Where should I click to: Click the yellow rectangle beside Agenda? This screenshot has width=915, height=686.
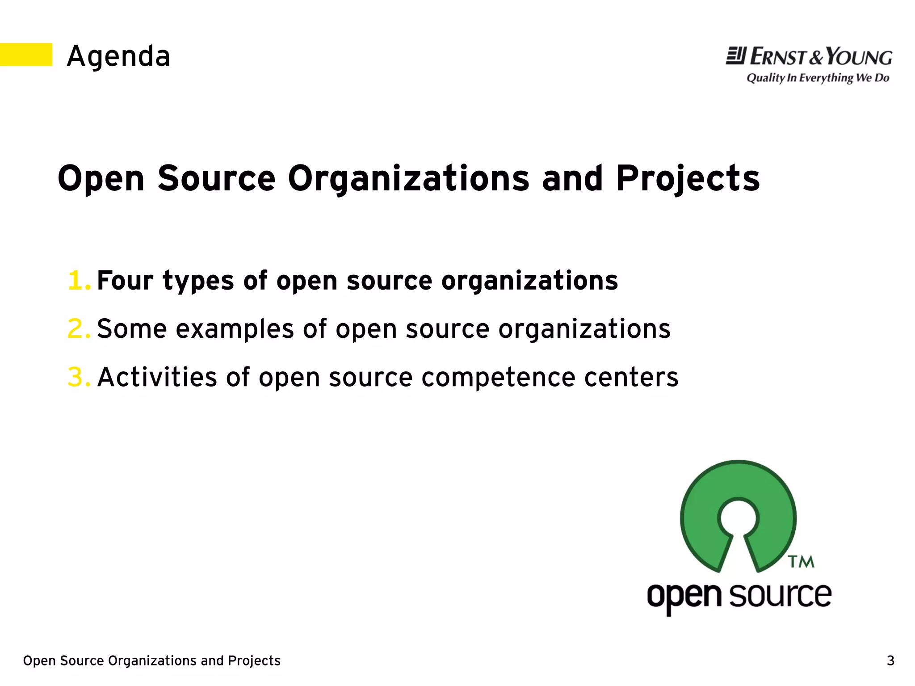[26, 55]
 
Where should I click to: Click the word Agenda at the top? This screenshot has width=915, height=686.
[118, 57]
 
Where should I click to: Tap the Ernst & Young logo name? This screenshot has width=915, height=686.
[820, 57]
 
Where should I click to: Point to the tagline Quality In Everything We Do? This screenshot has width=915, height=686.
[818, 78]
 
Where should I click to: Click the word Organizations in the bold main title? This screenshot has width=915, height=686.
[408, 178]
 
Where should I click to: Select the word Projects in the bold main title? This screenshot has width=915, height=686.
[688, 178]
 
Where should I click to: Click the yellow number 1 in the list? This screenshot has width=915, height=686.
[78, 281]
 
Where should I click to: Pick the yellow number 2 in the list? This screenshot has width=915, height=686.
[78, 329]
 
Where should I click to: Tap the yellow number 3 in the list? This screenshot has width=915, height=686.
[78, 377]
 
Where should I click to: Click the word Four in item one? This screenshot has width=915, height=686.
[126, 281]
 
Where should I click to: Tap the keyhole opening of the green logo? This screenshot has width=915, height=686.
[738, 518]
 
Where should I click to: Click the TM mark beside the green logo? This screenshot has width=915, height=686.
[801, 562]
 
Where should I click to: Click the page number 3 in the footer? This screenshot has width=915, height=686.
[890, 661]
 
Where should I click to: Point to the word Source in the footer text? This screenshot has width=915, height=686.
[82, 661]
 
